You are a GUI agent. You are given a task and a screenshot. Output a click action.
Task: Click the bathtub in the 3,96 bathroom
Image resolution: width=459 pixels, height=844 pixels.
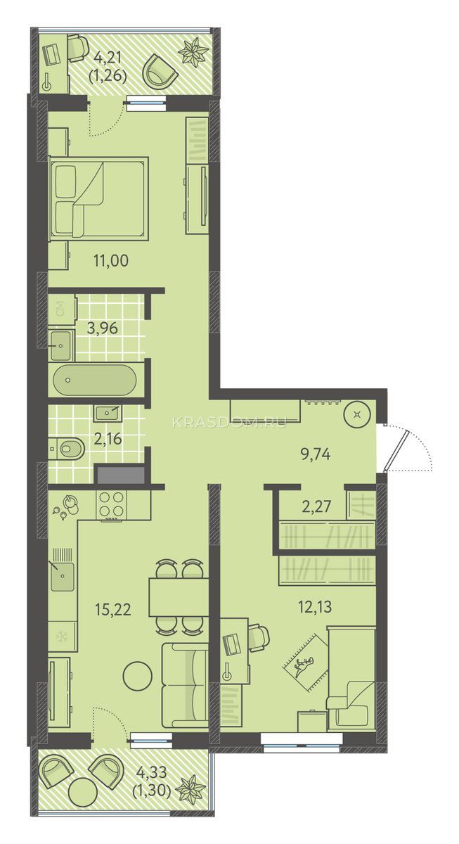pos(94,380)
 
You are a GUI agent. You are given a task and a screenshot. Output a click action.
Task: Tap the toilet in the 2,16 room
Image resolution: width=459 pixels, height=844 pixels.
pos(67,449)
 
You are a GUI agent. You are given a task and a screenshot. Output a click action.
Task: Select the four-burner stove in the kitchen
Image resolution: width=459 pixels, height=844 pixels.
pos(111,505)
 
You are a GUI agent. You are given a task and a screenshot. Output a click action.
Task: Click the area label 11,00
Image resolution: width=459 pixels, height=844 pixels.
pos(111,260)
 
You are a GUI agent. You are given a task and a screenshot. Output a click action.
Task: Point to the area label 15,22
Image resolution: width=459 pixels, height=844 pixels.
pos(113,609)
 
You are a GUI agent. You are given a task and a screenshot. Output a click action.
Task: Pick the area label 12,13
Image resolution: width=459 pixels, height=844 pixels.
pos(315,607)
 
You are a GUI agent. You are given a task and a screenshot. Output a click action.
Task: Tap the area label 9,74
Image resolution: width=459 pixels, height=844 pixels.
pos(316,454)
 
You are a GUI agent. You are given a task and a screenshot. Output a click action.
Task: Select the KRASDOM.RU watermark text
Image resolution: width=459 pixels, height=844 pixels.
pos(229,423)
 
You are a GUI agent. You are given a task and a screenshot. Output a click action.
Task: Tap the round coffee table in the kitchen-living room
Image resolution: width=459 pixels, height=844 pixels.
pos(138,677)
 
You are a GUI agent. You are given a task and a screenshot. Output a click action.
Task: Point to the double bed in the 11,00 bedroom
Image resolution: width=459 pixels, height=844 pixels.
pos(98,198)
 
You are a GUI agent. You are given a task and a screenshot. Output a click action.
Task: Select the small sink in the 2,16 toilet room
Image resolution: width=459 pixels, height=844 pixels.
pos(108,414)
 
